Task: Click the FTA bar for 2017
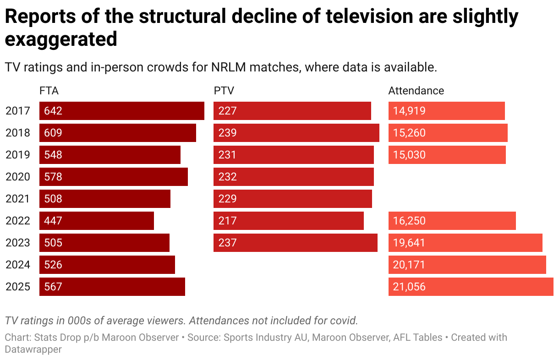[122, 111]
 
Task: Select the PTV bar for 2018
[296, 133]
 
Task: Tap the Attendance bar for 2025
[471, 287]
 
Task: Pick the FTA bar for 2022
[97, 221]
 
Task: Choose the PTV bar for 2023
[296, 243]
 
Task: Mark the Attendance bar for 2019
[447, 155]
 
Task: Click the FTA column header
[49, 91]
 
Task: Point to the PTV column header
[224, 91]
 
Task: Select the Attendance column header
[416, 91]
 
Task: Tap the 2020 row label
[18, 177]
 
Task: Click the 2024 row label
[18, 265]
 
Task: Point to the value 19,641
[409, 243]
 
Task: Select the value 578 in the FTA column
[53, 177]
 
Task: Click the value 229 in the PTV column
[227, 199]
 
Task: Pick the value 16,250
[409, 221]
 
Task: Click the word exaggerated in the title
[61, 39]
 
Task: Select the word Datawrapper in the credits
[33, 349]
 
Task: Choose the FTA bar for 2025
[112, 287]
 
